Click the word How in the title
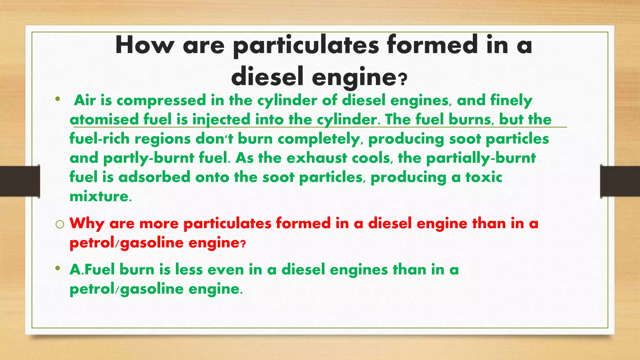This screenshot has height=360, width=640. pos(145,46)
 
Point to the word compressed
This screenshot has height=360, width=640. pos(161,101)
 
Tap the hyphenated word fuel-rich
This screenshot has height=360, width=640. pos(99,139)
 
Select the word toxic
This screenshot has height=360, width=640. pos(484,177)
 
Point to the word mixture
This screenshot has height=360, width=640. pos(99,197)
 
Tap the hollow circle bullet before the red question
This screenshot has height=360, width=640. pos(60,224)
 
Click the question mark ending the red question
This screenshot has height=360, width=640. pos(243,244)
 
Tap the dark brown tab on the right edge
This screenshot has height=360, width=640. pos(620,181)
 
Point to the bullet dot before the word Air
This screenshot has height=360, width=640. pos(57,100)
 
